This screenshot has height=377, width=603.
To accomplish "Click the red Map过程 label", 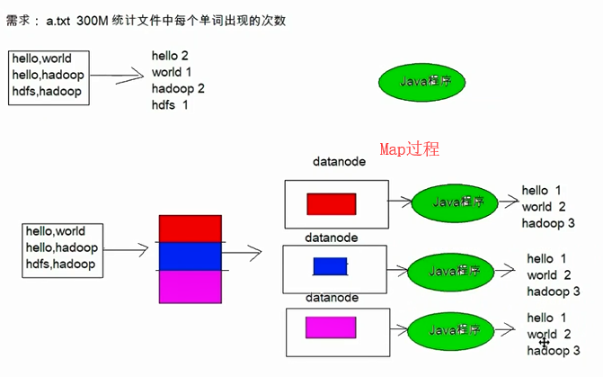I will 409,148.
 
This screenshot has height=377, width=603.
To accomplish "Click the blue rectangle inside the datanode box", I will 330,266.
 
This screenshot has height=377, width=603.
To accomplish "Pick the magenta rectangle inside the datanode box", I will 331,327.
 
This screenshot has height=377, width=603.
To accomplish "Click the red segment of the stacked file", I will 190,229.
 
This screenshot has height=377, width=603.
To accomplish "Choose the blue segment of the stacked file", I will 190,256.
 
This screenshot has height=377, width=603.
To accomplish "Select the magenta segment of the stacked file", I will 190,287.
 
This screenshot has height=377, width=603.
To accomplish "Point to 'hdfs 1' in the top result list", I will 170,105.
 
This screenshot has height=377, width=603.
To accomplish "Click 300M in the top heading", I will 93,20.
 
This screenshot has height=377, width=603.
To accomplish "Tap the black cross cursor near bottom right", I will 544,342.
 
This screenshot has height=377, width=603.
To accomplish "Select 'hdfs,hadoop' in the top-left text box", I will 47,91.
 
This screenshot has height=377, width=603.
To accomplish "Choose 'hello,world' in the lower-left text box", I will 56,231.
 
